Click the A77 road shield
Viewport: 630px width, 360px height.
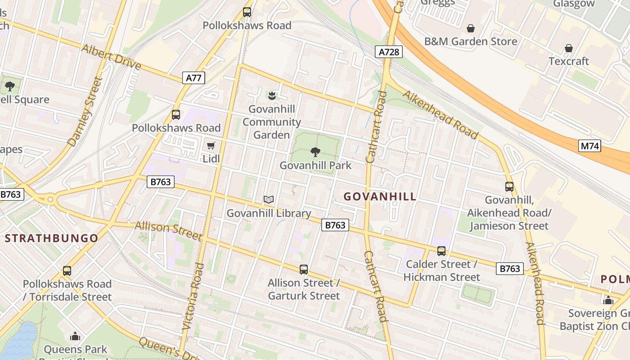(x=194, y=78)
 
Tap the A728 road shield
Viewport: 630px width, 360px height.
(x=388, y=52)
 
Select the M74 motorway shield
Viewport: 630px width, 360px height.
(x=589, y=145)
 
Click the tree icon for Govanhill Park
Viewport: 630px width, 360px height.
(x=315, y=152)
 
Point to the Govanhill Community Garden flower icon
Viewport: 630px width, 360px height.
(x=272, y=95)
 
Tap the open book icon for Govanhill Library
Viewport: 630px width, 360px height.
(x=269, y=199)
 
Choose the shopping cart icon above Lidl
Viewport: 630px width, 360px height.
(x=211, y=145)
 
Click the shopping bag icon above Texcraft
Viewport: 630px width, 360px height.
(x=568, y=48)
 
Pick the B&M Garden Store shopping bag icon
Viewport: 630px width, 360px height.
(x=471, y=28)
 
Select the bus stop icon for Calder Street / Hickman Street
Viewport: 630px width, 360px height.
(x=441, y=251)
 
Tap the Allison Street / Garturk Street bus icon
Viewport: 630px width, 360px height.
(x=304, y=270)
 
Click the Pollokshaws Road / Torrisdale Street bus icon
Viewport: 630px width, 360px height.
(x=67, y=271)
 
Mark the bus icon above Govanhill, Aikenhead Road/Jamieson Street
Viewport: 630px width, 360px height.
(x=509, y=186)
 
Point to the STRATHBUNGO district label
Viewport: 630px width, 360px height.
(x=51, y=238)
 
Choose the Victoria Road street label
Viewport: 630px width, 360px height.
(x=193, y=297)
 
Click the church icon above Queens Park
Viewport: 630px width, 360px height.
(x=75, y=336)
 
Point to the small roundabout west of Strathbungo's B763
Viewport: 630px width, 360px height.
(x=50, y=199)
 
